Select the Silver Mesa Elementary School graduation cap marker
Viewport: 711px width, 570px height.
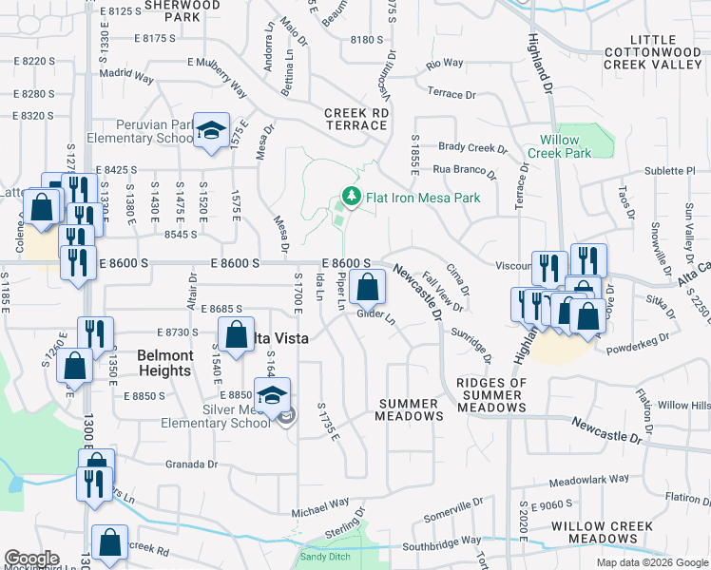pyautogui.click(x=272, y=394)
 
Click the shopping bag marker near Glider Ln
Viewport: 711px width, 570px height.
pyautogui.click(x=367, y=285)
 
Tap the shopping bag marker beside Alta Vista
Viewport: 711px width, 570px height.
pyautogui.click(x=235, y=333)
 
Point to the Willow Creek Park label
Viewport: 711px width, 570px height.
pyautogui.click(x=553, y=146)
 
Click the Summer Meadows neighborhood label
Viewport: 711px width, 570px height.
pyautogui.click(x=411, y=409)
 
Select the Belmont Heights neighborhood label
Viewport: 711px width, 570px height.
pyautogui.click(x=165, y=363)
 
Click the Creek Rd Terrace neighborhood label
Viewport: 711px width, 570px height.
pyautogui.click(x=356, y=119)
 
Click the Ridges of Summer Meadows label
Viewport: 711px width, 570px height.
pyautogui.click(x=491, y=395)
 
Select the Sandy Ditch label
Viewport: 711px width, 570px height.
pyautogui.click(x=326, y=557)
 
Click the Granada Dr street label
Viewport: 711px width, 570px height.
pyautogui.click(x=192, y=465)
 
